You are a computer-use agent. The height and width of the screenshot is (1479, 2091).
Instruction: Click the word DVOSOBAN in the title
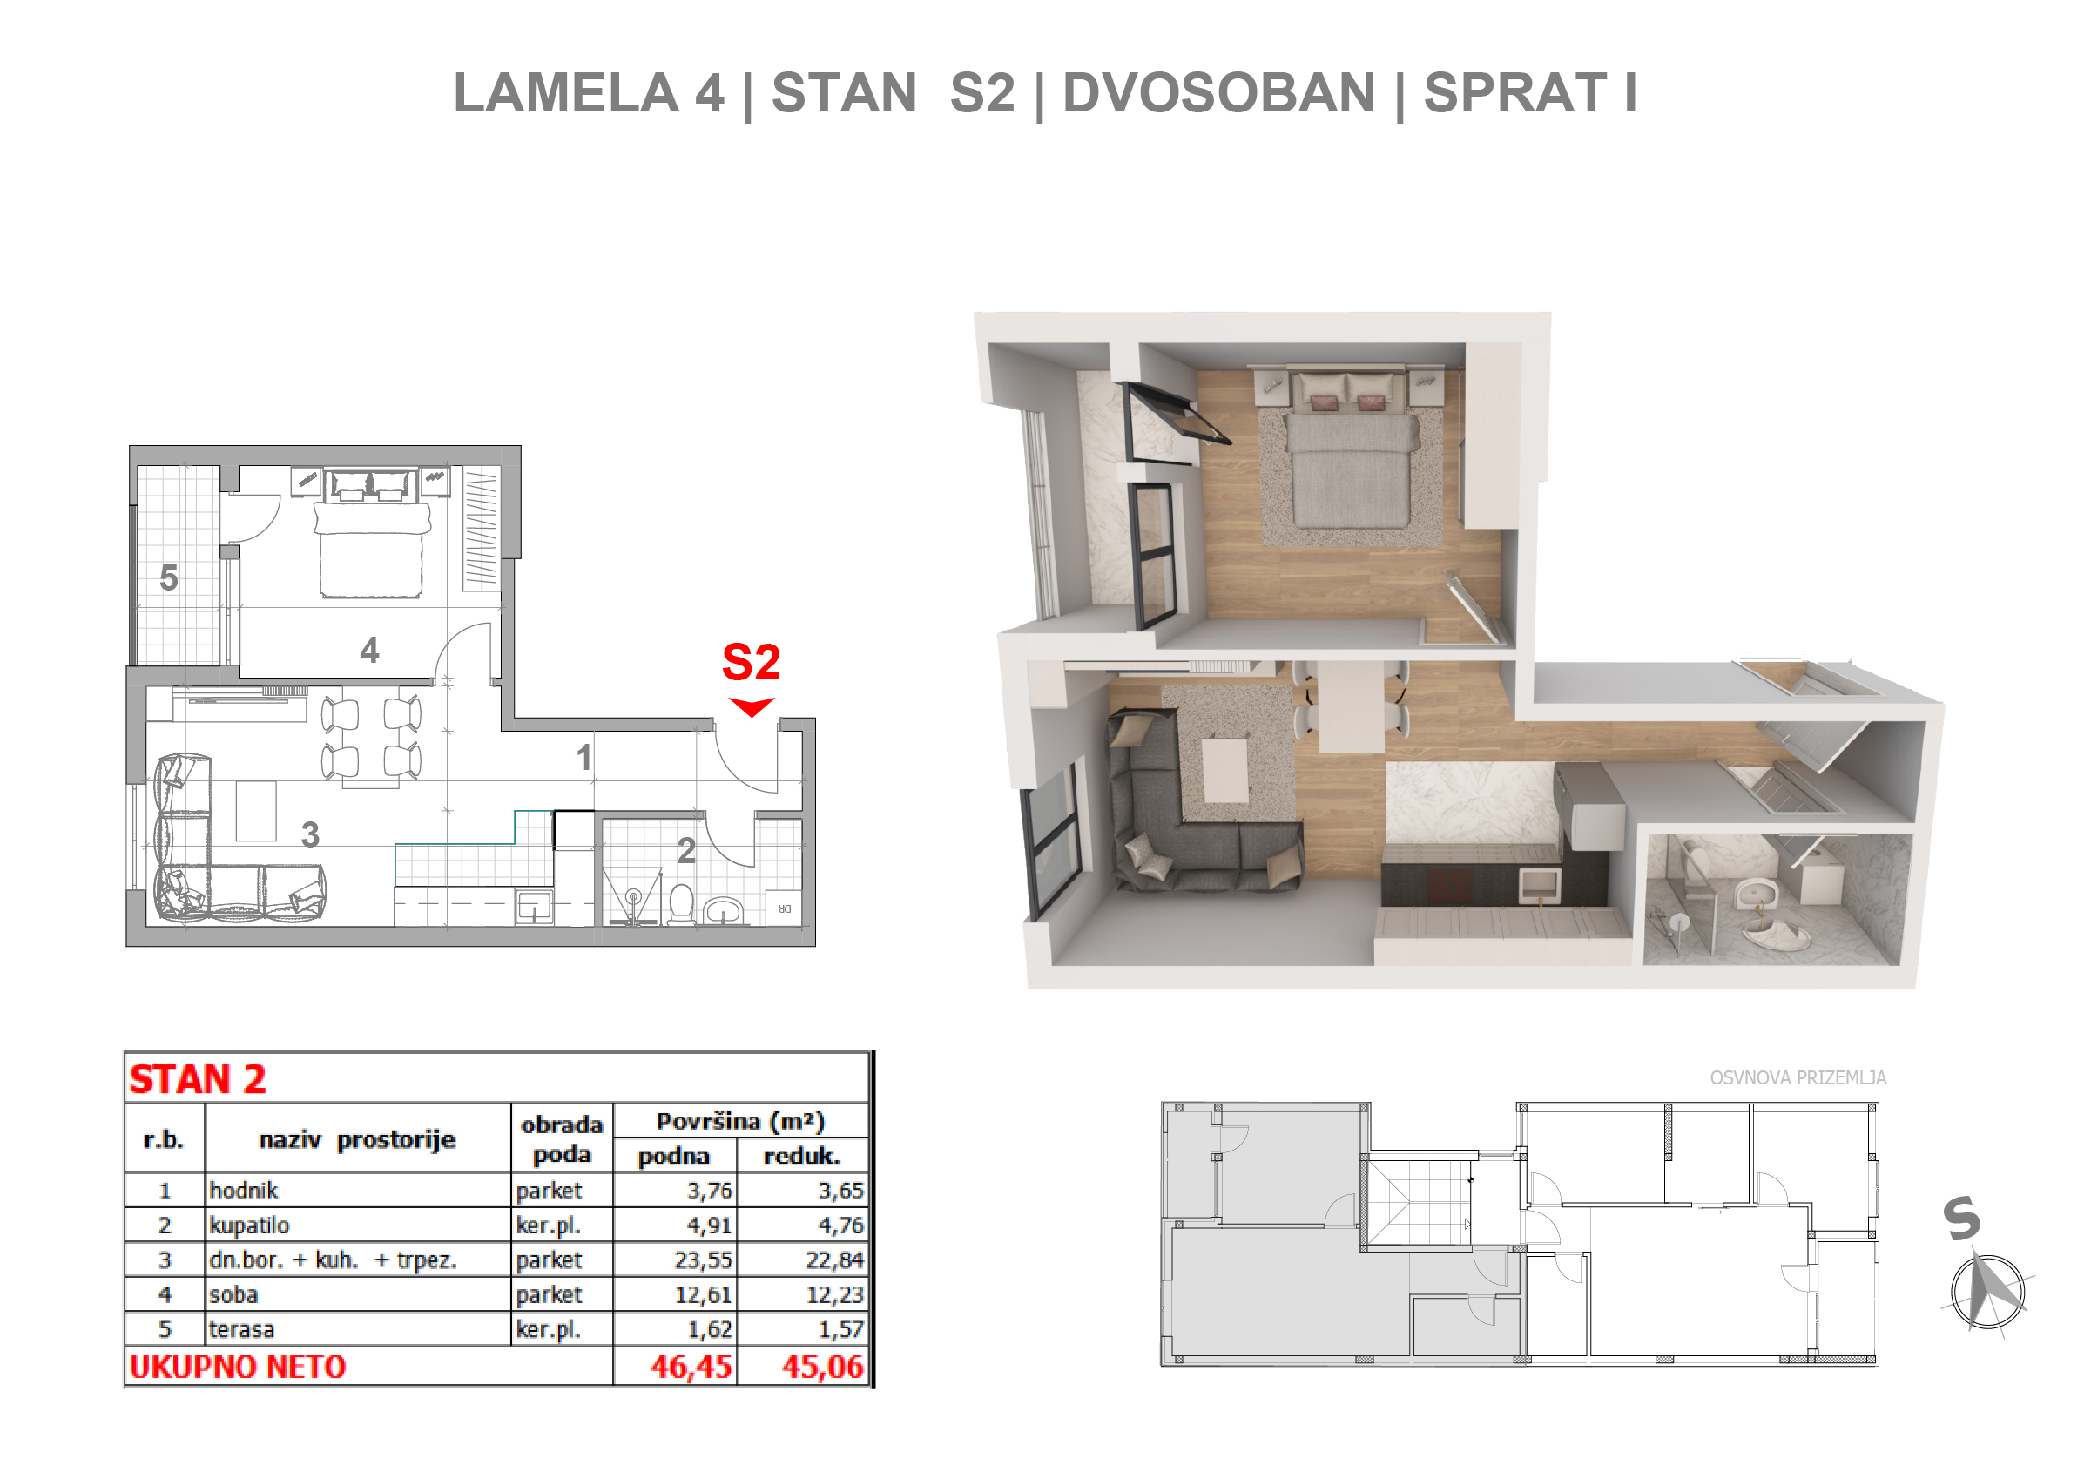[1218, 93]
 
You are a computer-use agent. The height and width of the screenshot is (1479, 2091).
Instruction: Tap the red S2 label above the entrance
[752, 662]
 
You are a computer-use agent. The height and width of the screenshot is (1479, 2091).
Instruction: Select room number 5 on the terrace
[168, 578]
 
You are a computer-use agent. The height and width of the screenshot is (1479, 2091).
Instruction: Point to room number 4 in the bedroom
[369, 651]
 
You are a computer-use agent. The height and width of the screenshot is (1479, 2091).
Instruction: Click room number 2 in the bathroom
[686, 851]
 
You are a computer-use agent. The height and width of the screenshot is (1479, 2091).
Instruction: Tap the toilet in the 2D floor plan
[681, 904]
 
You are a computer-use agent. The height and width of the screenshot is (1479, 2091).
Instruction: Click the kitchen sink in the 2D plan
[534, 907]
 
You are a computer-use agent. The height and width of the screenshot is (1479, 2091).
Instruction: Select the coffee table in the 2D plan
[256, 812]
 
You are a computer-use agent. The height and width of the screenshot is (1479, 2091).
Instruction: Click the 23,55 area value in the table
[703, 1260]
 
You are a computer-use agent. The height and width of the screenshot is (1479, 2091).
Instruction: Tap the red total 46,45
[691, 1367]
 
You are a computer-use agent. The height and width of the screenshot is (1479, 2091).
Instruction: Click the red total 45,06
[822, 1367]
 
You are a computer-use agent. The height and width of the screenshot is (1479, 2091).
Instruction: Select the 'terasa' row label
[241, 1330]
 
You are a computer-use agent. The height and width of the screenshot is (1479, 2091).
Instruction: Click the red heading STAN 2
[198, 1079]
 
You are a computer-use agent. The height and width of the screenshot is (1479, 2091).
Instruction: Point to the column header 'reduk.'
[801, 1157]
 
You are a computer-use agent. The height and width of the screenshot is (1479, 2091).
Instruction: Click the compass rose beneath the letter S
[1988, 1292]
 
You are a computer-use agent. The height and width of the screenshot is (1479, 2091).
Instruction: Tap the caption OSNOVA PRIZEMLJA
[1798, 1078]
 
